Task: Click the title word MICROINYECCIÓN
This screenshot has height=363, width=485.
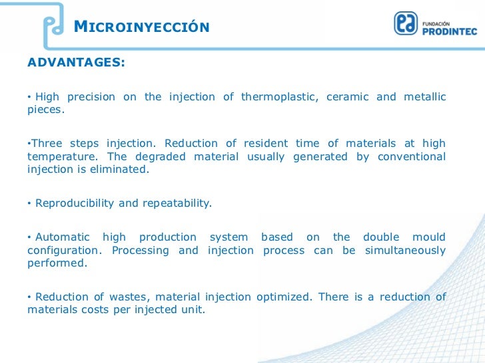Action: [141, 27]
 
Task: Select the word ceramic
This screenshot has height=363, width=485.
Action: [348, 97]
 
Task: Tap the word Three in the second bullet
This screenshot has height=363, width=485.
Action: [47, 144]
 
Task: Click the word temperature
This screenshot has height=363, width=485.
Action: [57, 157]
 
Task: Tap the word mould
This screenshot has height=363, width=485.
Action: [430, 237]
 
